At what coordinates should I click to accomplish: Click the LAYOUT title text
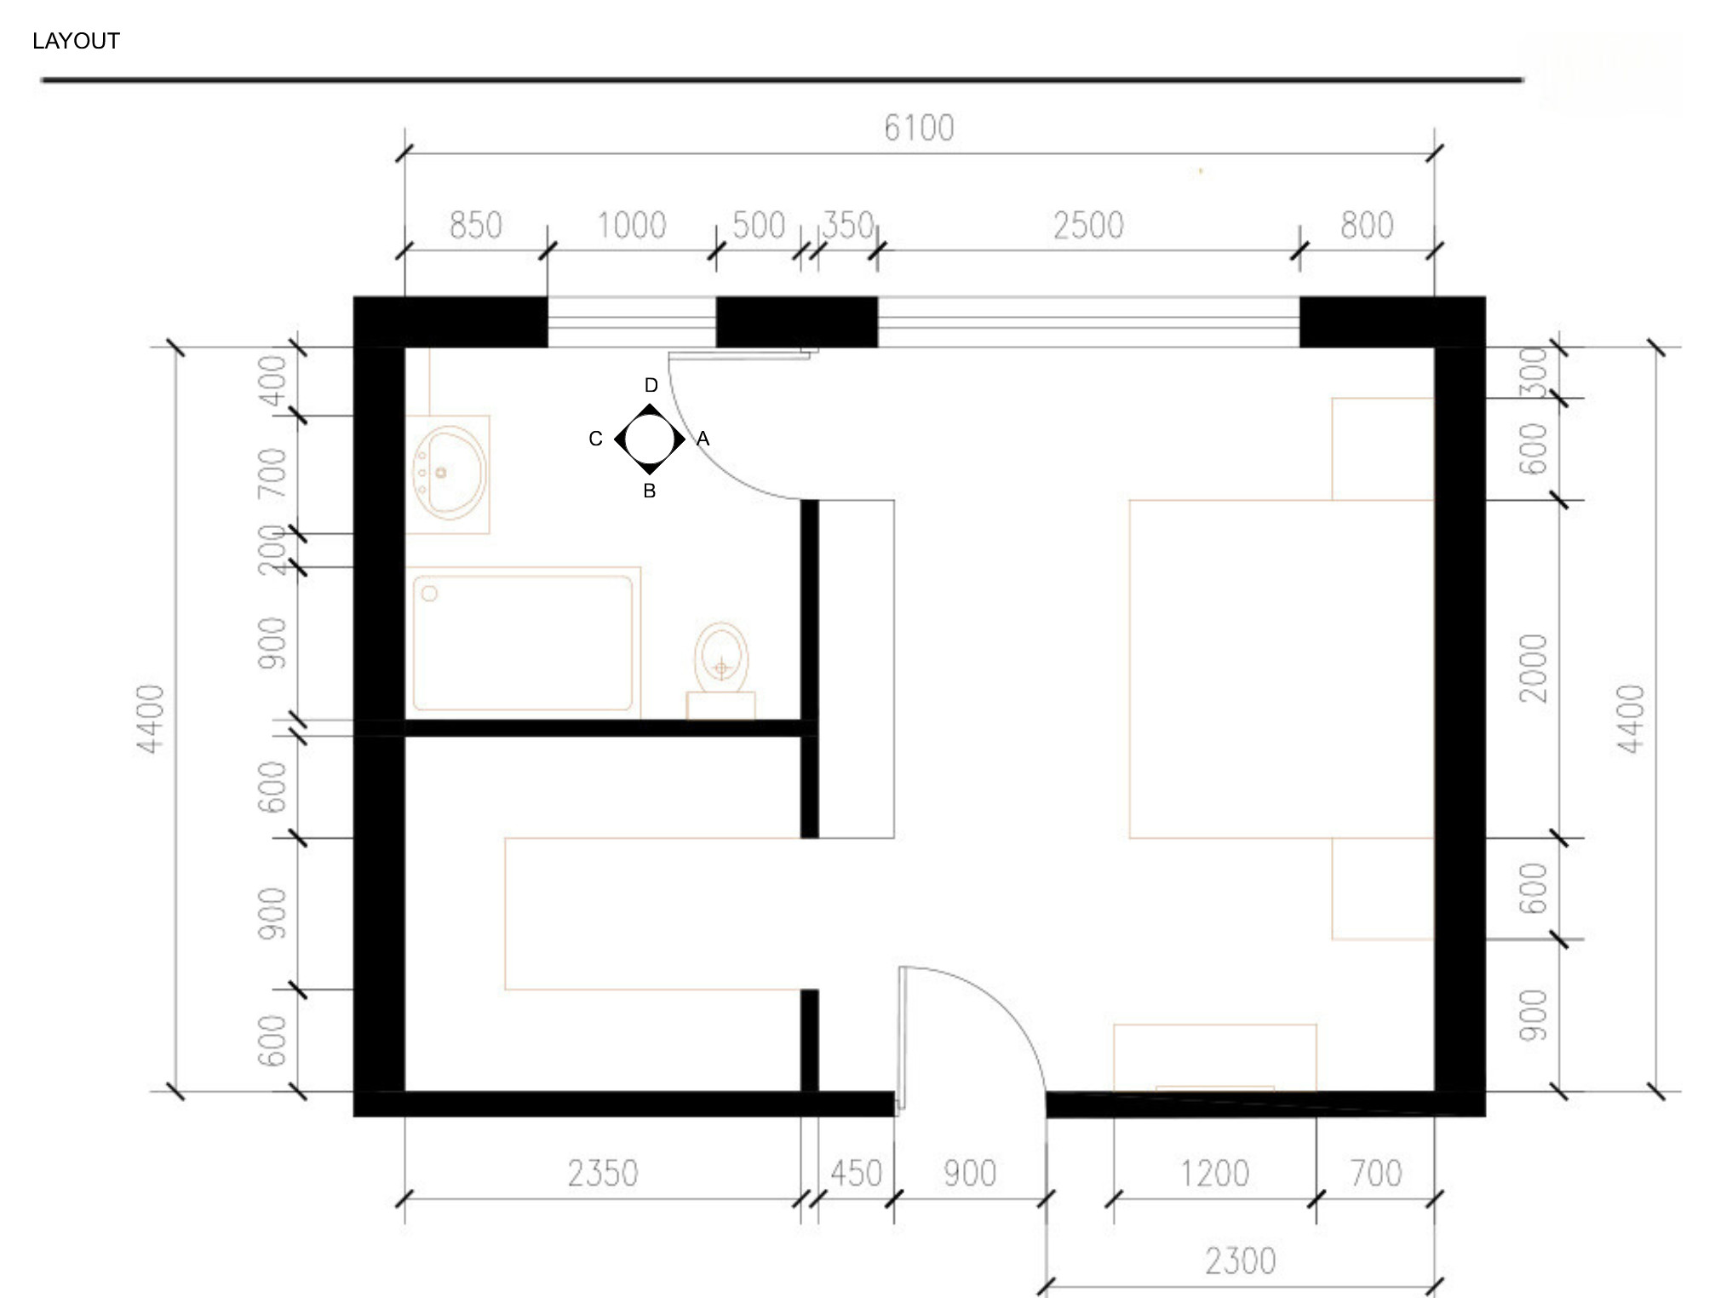click(x=76, y=41)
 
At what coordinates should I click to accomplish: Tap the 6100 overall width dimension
click(x=919, y=129)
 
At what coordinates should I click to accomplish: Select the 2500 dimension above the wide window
click(x=1088, y=226)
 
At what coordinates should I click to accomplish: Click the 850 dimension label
click(x=475, y=226)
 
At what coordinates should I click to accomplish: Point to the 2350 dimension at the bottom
click(x=603, y=1174)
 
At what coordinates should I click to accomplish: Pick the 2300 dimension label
click(x=1240, y=1261)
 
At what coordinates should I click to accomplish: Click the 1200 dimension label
click(x=1214, y=1174)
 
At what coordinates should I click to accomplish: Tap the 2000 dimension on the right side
click(x=1533, y=669)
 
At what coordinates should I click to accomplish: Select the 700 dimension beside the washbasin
click(x=272, y=474)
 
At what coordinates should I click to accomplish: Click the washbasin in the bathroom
click(x=448, y=474)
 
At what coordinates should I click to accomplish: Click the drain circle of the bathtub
click(x=429, y=594)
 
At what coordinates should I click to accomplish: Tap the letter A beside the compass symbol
click(x=703, y=439)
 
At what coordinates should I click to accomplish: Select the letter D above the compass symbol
click(x=651, y=385)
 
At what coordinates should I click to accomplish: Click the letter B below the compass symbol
click(x=649, y=491)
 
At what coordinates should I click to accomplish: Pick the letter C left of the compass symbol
click(x=595, y=439)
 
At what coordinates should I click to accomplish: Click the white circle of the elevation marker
click(x=650, y=439)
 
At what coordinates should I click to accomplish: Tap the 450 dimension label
click(x=856, y=1174)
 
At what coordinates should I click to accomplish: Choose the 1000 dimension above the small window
click(x=631, y=226)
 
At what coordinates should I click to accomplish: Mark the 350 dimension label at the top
click(x=848, y=226)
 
